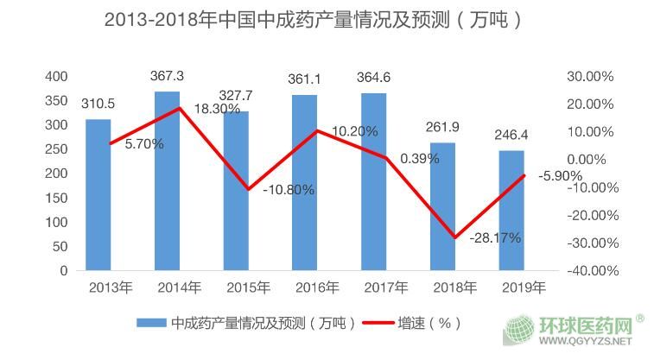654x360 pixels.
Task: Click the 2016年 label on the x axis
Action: pyautogui.click(x=317, y=287)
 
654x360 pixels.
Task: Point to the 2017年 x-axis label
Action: pyautogui.click(x=386, y=287)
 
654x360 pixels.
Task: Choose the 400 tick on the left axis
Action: pyautogui.click(x=56, y=77)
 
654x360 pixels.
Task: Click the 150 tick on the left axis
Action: pyautogui.click(x=56, y=198)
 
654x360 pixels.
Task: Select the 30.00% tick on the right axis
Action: pyautogui.click(x=590, y=77)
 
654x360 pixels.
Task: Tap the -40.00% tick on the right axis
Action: pyautogui.click(x=589, y=270)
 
